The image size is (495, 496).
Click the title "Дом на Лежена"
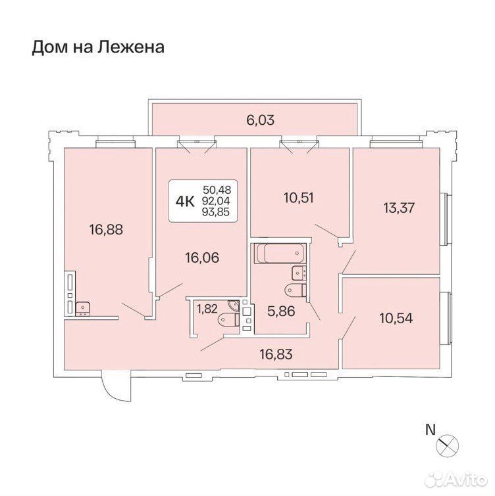point(98,47)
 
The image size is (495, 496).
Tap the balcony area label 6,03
point(260,120)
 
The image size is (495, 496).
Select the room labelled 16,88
point(106,230)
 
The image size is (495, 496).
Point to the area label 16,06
point(202,258)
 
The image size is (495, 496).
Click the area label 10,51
point(299,198)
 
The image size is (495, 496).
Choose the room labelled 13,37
point(399,208)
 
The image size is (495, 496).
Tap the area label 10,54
point(396,318)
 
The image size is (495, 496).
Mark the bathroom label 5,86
point(282,311)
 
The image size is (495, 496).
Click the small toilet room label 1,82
point(207,309)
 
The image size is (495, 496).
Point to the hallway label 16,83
point(276,354)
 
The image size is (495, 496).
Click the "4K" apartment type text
point(185,201)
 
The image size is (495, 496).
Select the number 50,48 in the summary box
point(217,190)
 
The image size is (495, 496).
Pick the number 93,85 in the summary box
point(216,212)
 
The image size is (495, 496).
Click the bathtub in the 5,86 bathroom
point(280,254)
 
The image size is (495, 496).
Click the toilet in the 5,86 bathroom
point(296,290)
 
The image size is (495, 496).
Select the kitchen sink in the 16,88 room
point(83,309)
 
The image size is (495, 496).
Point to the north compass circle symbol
point(447,445)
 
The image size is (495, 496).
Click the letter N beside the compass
point(430,430)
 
